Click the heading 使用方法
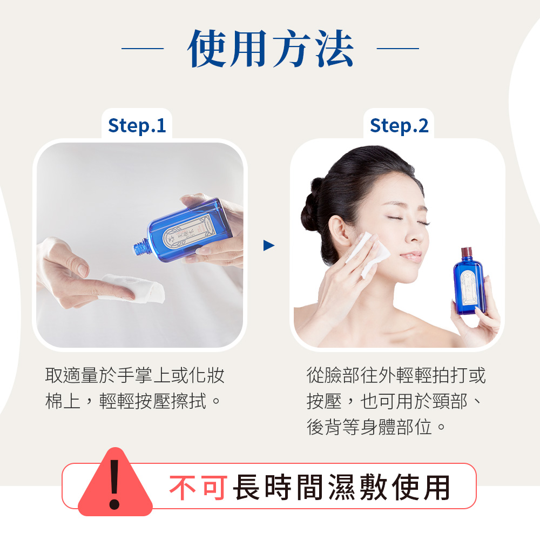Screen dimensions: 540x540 (270, 49)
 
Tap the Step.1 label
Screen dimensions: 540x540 (137, 125)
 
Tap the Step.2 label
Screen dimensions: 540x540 (399, 125)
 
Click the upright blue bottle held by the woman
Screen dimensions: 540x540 (469, 286)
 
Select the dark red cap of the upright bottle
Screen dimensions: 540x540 (467, 252)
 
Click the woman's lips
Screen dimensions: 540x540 (411, 256)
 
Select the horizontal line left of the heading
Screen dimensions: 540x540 (142, 49)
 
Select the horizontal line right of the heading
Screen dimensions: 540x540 (397, 49)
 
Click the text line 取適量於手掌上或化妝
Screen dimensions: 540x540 (135, 375)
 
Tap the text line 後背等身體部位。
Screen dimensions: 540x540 (376, 427)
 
